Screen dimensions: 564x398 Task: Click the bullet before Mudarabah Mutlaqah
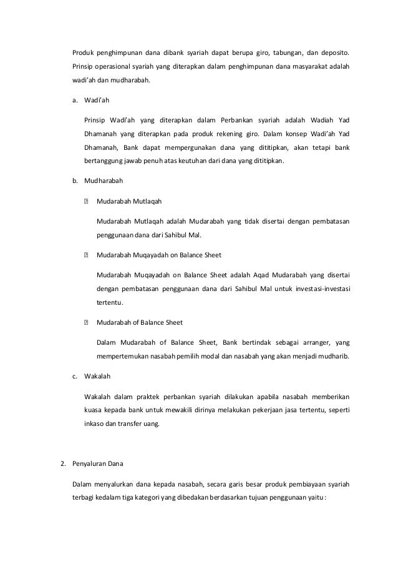pyautogui.click(x=85, y=202)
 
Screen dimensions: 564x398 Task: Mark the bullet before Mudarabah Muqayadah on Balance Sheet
pyautogui.click(x=85, y=255)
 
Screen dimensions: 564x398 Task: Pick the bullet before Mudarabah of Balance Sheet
pyautogui.click(x=85, y=323)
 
